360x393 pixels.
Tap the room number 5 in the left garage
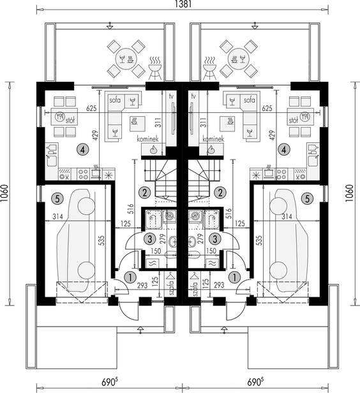tap(57, 199)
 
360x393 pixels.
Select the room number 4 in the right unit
tap(284, 150)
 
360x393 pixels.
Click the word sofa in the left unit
tap(115, 100)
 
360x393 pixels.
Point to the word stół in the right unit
tap(294, 121)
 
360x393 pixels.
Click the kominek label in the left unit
tap(147, 139)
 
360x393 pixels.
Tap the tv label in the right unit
tap(193, 96)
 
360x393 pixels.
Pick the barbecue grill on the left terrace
tap(154, 68)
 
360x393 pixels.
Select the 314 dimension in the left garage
tap(57, 216)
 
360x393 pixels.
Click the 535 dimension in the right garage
tap(259, 240)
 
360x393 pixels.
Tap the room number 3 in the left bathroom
tap(149, 239)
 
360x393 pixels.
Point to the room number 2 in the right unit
tap(220, 193)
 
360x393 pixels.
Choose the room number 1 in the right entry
tap(235, 278)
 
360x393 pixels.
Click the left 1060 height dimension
tap(4, 193)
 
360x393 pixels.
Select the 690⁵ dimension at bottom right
tap(256, 382)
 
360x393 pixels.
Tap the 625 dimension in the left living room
tap(91, 108)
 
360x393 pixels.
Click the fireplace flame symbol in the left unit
tap(153, 150)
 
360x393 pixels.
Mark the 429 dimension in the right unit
tap(272, 135)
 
